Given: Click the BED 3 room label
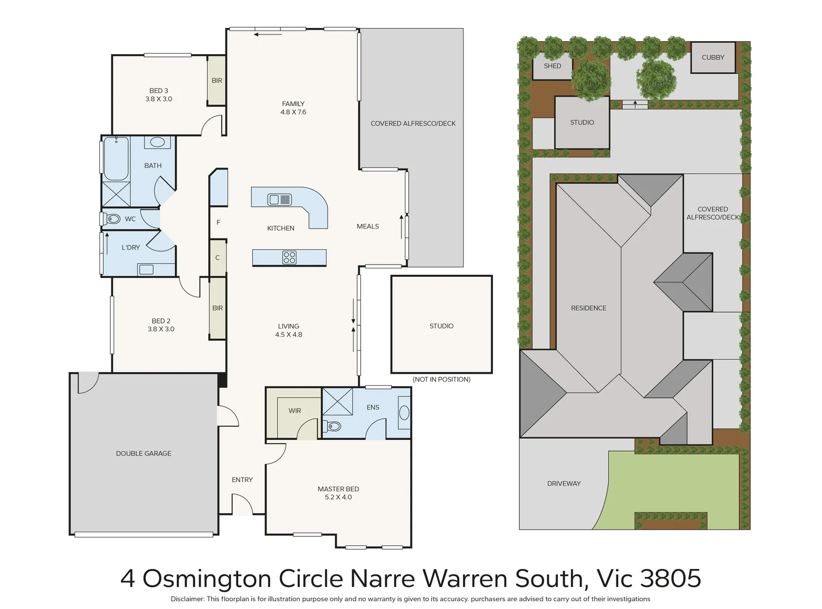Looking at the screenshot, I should (159, 91).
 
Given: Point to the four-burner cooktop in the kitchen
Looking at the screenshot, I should (289, 258).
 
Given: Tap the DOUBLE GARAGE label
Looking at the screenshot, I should (143, 453).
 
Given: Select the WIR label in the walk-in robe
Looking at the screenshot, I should (295, 411).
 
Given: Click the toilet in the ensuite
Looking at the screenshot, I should (333, 426).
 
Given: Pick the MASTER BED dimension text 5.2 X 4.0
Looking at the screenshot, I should (338, 497).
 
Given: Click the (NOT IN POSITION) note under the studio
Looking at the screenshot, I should (441, 379).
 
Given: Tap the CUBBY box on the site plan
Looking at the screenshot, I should (713, 58).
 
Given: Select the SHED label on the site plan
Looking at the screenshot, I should (552, 66).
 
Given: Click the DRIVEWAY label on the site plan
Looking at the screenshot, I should (563, 483).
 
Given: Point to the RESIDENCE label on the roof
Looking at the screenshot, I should (588, 308).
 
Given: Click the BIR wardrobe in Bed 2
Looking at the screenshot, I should (217, 308).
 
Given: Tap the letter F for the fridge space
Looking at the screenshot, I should (218, 223).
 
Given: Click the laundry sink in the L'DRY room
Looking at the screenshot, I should (146, 270).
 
